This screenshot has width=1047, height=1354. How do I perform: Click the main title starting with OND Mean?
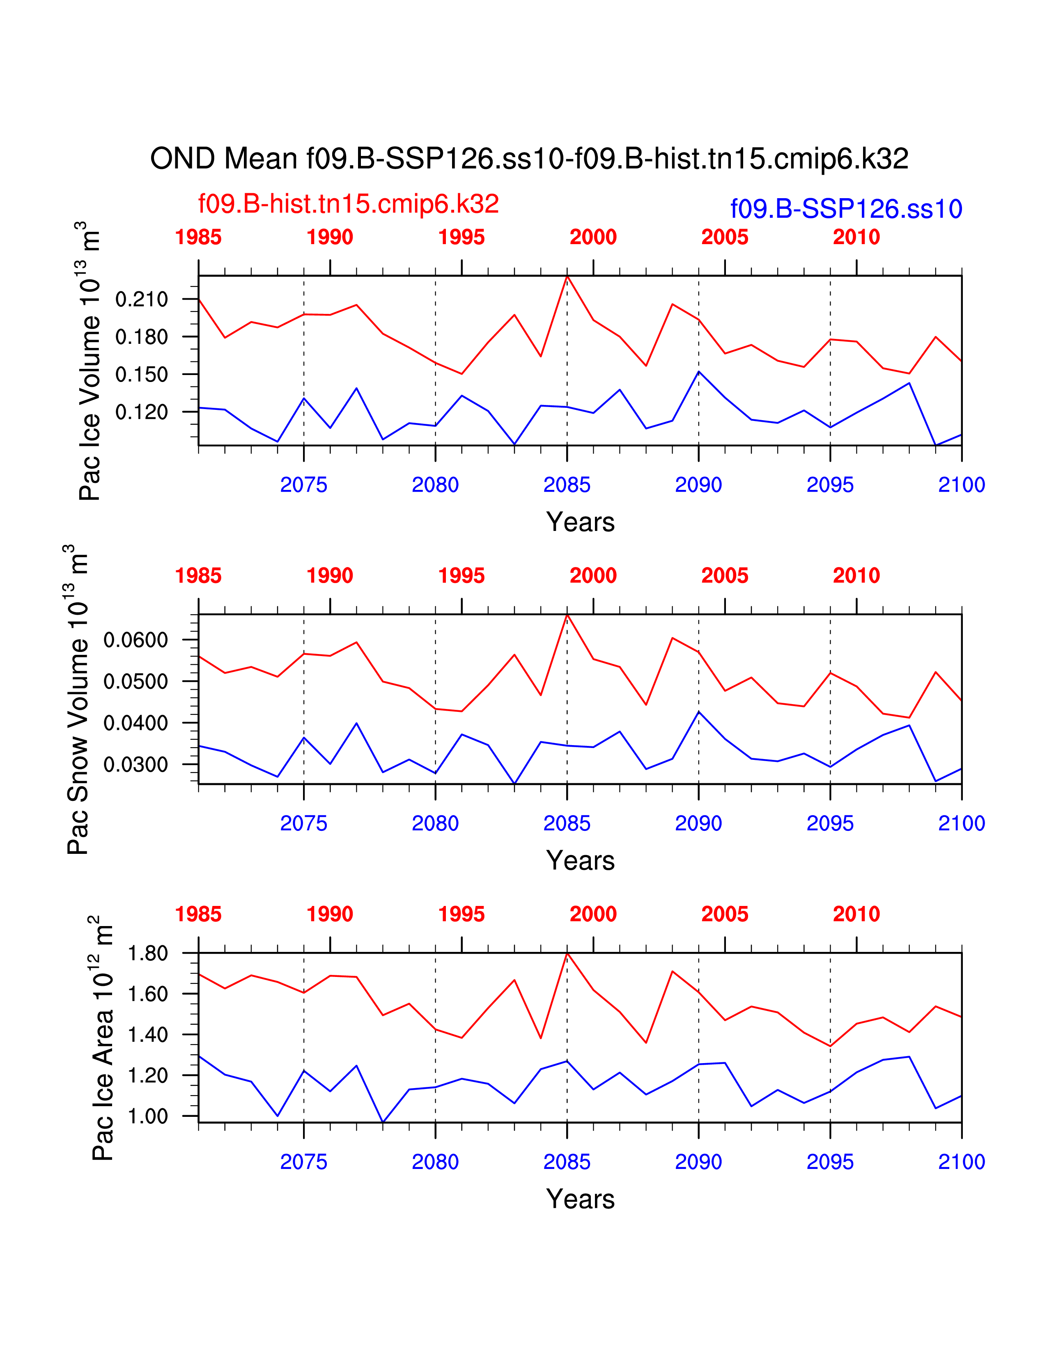coord(529,159)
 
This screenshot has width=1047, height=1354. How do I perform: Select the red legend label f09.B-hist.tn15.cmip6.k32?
coord(348,204)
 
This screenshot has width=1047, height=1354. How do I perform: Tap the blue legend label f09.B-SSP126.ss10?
coord(846,209)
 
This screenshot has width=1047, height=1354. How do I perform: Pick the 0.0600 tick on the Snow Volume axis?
coord(136,640)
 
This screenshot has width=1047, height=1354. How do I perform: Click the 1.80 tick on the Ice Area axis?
coord(148,953)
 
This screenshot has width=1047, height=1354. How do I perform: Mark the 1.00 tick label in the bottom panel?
coord(148,1116)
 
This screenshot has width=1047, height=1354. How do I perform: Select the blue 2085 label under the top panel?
coord(566,485)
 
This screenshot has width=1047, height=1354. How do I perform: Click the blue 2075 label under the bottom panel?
coord(303,1162)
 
